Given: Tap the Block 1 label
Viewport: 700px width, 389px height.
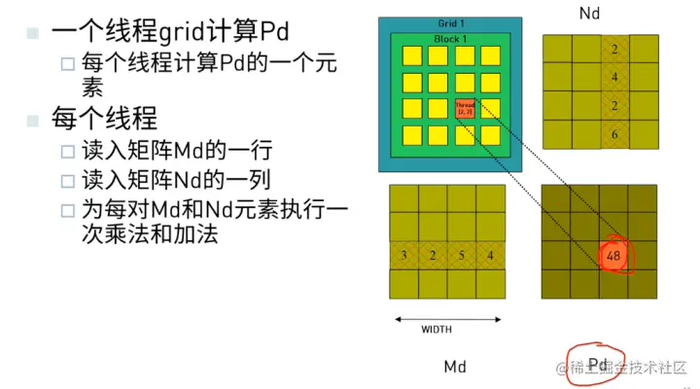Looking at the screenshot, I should pos(449,38).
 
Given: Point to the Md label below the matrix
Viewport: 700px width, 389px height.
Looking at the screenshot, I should pos(455,367).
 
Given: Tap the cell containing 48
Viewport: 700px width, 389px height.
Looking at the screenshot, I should pos(613,256).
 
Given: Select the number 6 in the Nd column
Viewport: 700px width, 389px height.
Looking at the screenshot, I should pos(613,134).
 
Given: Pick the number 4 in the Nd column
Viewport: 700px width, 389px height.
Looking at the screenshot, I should pos(613,77).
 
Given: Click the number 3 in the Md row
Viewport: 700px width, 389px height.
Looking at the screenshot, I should pos(403,256).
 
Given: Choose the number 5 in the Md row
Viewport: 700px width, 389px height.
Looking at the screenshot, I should pos(462,256).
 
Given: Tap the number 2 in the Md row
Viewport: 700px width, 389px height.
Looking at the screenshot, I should pos(433,256).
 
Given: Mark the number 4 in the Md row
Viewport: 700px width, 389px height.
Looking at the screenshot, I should pos(491,256).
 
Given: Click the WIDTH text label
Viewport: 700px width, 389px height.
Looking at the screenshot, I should pos(436,330).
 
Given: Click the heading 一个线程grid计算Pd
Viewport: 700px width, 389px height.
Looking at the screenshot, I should pos(171,31).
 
